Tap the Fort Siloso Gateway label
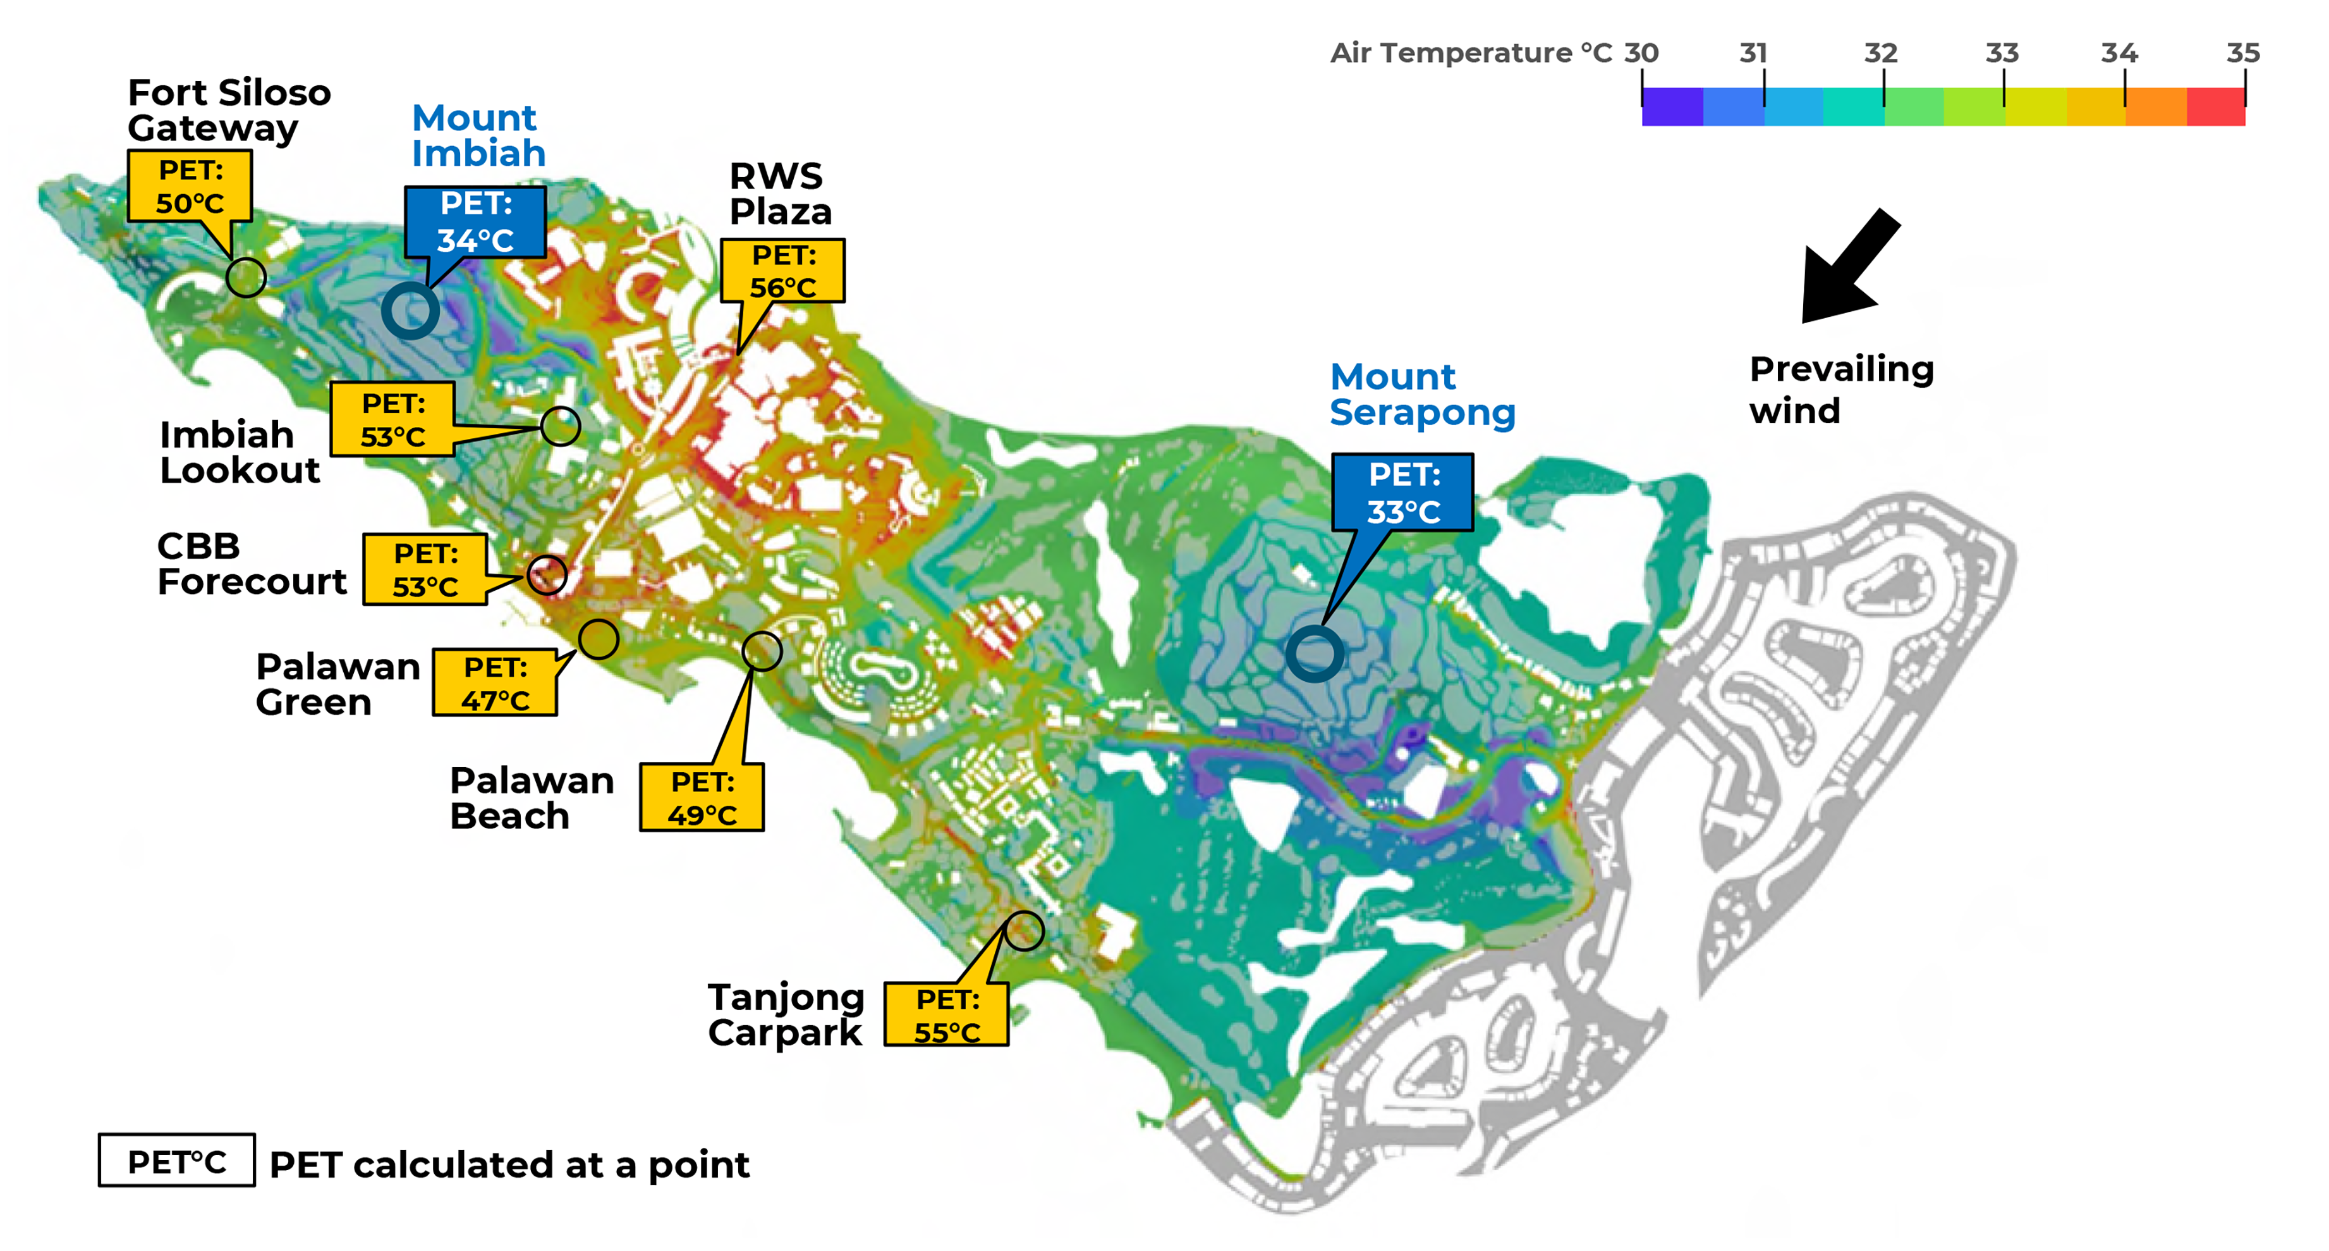point(229,109)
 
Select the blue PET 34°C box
point(475,221)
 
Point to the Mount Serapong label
point(1421,395)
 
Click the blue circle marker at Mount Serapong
point(1315,653)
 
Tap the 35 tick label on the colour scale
point(2242,52)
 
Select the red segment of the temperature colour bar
point(2215,107)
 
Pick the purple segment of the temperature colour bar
point(1672,107)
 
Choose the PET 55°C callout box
point(946,1015)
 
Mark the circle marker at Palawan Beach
point(761,651)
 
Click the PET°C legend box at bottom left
point(176,1161)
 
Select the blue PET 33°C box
point(1402,493)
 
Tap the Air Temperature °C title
point(1470,52)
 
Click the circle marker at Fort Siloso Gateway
point(245,277)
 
